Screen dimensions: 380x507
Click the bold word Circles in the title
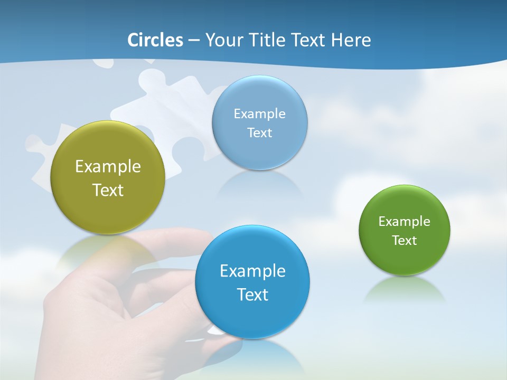pos(155,40)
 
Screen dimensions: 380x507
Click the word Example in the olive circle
pos(108,167)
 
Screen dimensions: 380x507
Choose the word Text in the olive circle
pos(108,190)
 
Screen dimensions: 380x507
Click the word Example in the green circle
pos(405,222)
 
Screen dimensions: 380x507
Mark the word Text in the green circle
pos(405,241)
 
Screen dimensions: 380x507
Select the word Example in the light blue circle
pos(259,114)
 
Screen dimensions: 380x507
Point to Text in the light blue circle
pos(259,133)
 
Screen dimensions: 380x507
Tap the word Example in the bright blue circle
pos(252,271)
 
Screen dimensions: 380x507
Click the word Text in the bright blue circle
pos(252,294)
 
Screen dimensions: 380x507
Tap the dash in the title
pos(193,40)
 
